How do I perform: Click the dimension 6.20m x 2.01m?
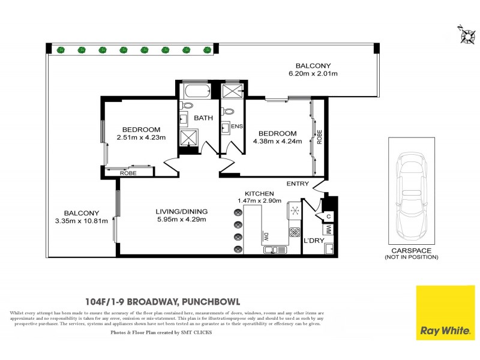pyautogui.click(x=313, y=74)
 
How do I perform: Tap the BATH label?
pyautogui.click(x=203, y=118)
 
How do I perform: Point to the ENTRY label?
pyautogui.click(x=298, y=184)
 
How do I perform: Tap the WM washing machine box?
pyautogui.click(x=328, y=229)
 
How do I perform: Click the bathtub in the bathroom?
pyautogui.click(x=195, y=92)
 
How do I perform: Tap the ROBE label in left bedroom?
pyautogui.click(x=128, y=173)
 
